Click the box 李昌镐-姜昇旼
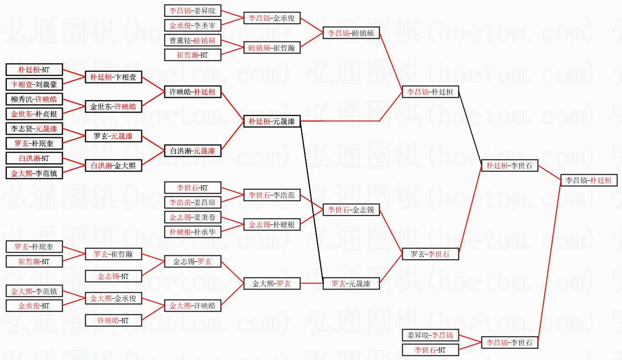(193, 11)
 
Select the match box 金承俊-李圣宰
(193, 25)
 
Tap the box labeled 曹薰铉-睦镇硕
(193, 41)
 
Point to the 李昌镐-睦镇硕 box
(351, 33)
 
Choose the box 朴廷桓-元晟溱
(272, 122)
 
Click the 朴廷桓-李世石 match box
(509, 166)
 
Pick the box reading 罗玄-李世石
(430, 254)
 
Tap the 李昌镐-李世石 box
(509, 342)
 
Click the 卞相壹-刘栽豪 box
(34, 84)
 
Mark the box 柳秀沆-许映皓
(34, 99)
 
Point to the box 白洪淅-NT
(34, 158)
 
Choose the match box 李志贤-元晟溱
(34, 129)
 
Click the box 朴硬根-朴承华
(193, 232)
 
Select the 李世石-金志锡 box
(351, 210)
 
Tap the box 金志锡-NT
(113, 276)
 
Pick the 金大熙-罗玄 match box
(272, 283)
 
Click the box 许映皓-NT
(113, 320)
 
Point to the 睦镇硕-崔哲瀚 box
(272, 47)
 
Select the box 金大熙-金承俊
(113, 298)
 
